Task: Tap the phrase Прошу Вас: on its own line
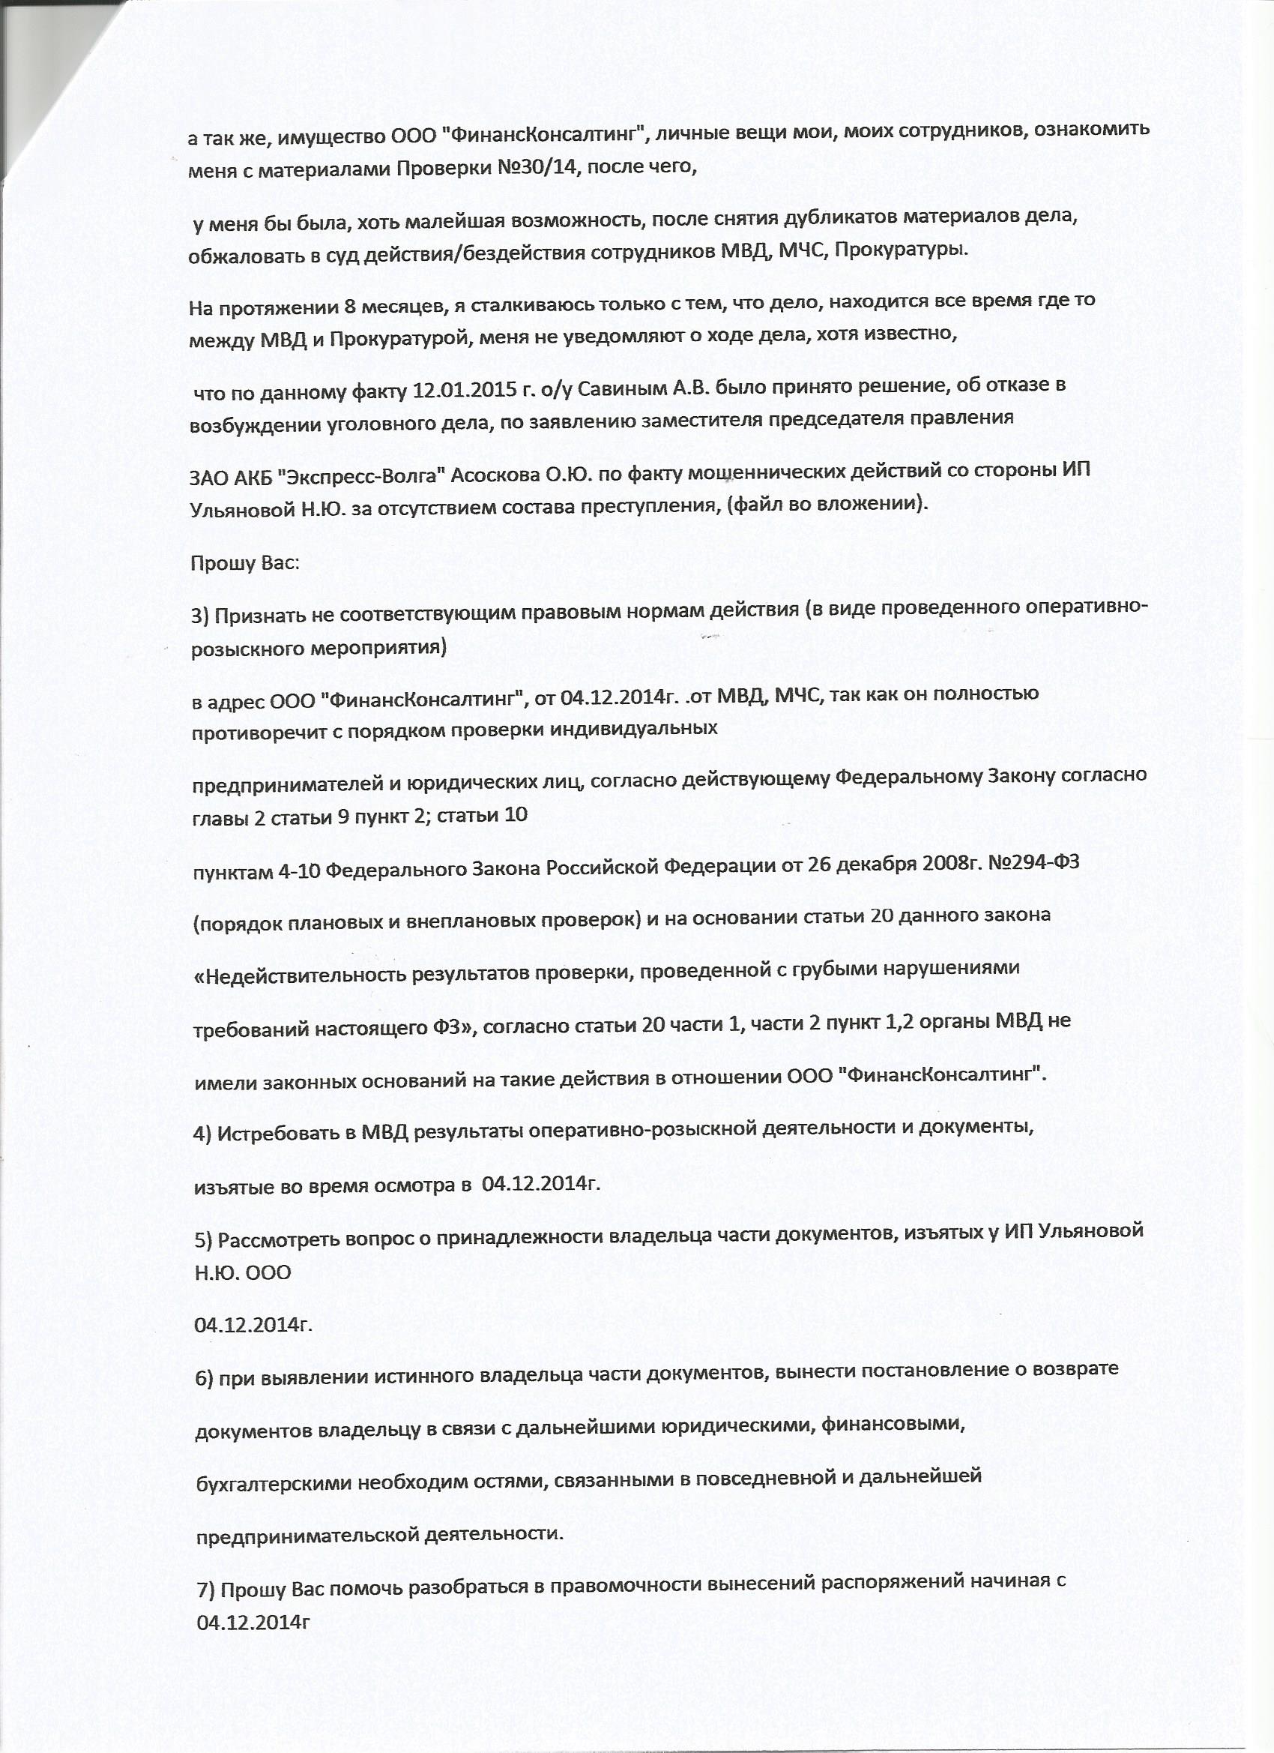(x=244, y=562)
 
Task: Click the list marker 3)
(x=200, y=616)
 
